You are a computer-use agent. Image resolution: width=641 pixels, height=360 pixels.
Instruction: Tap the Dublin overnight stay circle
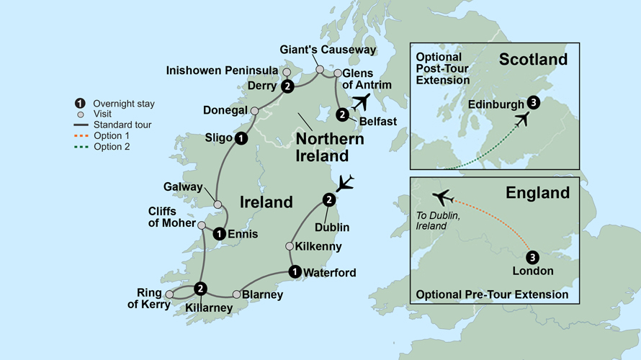(329, 199)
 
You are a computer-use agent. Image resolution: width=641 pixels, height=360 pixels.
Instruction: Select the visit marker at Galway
(218, 204)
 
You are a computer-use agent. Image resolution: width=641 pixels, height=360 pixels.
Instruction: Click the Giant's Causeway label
(328, 50)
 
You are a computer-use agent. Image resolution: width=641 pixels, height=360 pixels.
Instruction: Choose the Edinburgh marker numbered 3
(533, 102)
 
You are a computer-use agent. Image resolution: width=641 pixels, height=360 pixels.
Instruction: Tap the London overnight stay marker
(532, 257)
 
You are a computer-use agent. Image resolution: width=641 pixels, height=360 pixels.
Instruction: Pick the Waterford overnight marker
(294, 271)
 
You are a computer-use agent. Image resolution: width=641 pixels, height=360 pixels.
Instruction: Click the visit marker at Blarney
(237, 294)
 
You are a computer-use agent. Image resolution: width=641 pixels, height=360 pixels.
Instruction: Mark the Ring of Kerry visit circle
(169, 294)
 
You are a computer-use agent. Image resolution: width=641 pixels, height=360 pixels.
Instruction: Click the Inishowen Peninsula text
(222, 70)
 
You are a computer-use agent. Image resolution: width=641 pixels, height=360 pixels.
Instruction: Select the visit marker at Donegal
(254, 111)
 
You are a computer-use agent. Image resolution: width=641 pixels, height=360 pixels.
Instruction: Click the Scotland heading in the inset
(533, 59)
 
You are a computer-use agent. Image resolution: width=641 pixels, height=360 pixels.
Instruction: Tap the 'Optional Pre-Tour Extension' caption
(492, 294)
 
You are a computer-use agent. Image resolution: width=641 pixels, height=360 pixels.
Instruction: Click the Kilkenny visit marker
(290, 246)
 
